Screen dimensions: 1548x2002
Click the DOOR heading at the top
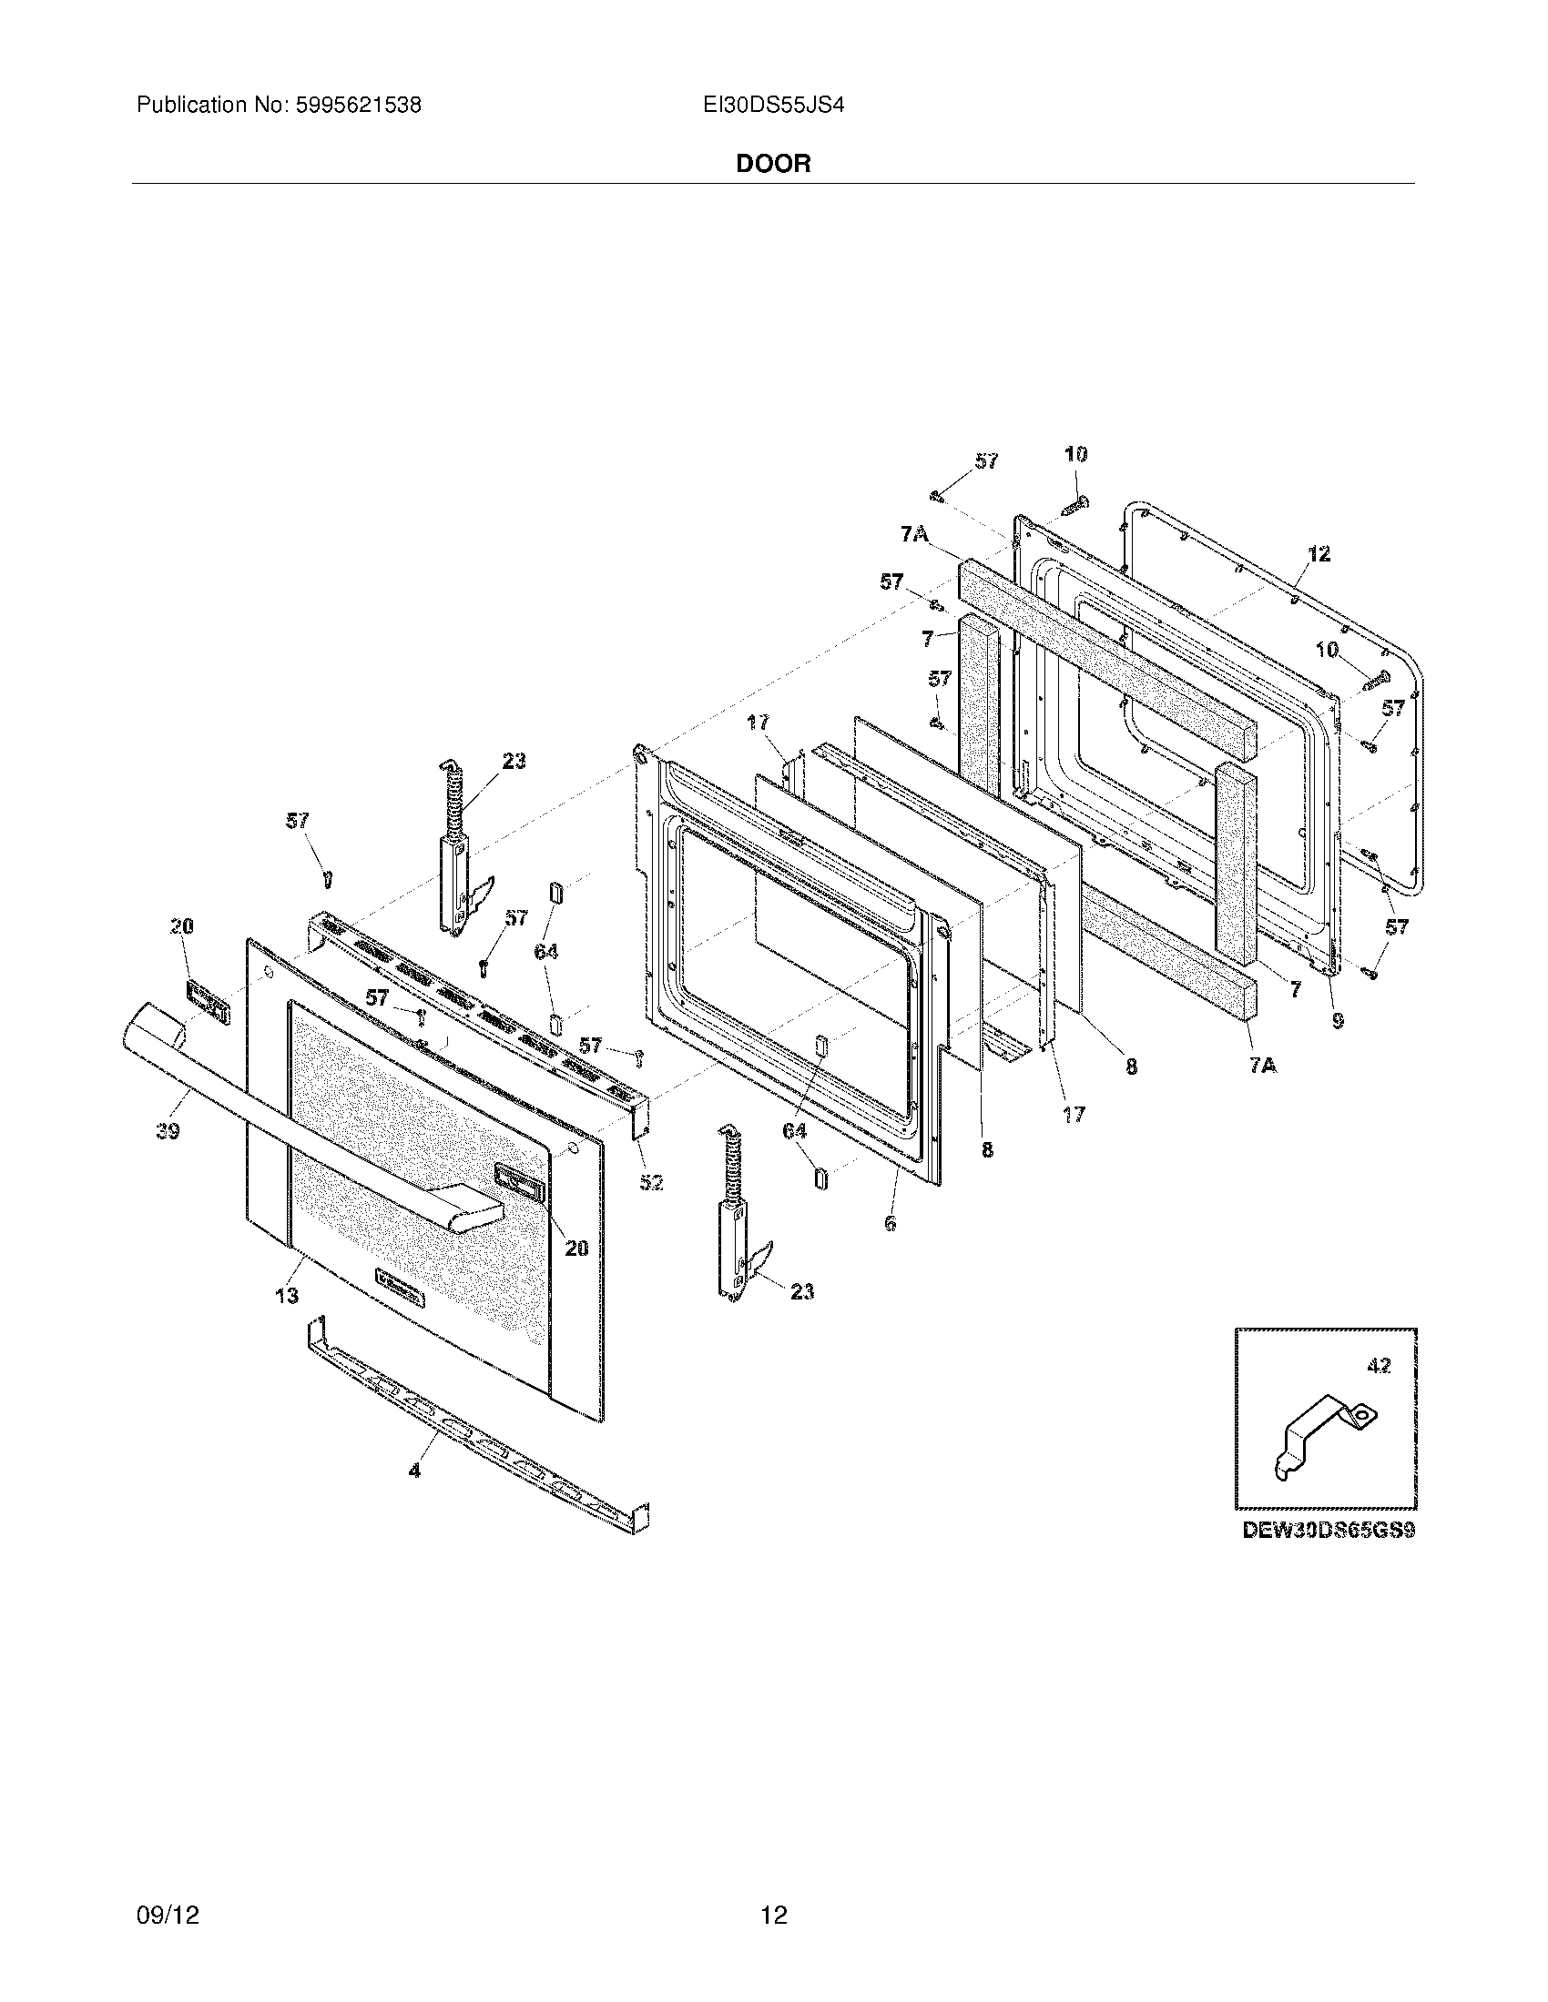click(x=773, y=164)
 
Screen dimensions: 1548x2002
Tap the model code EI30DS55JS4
click(x=773, y=106)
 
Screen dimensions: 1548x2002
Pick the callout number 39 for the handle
click(x=168, y=1131)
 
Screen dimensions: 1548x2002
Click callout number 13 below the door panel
click(x=287, y=1295)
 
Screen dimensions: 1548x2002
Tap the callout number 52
click(x=651, y=1182)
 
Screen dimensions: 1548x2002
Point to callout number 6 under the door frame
click(x=890, y=1222)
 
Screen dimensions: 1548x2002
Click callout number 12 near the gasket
click(x=1318, y=553)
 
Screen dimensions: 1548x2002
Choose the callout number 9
click(x=1338, y=1018)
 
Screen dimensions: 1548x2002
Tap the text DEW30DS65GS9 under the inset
click(x=1329, y=1530)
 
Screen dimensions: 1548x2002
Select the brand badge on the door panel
click(x=401, y=1285)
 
